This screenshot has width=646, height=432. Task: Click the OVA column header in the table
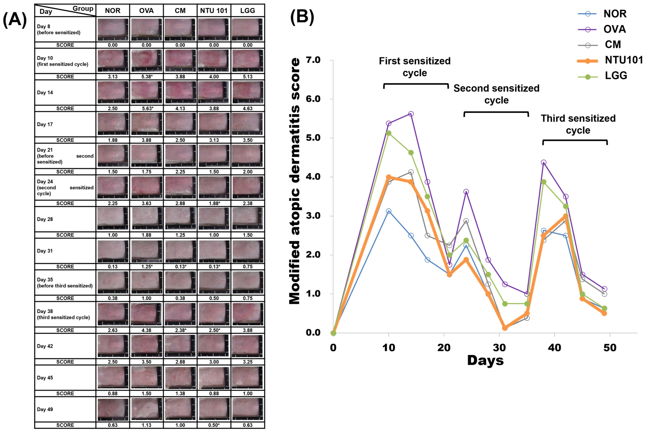coord(146,11)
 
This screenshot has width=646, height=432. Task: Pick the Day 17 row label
coord(45,124)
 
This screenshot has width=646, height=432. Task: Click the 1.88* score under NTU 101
coord(214,203)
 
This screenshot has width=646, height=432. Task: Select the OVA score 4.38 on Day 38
coord(146,330)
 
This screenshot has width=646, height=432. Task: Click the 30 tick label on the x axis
coord(499,348)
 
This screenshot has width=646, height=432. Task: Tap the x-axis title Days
coord(485,360)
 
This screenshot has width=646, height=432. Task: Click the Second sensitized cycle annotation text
coord(496,94)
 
